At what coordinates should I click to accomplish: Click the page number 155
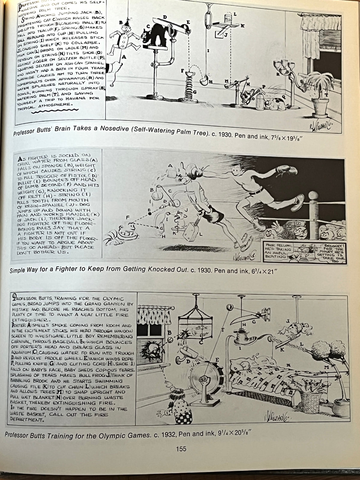(x=181, y=449)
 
